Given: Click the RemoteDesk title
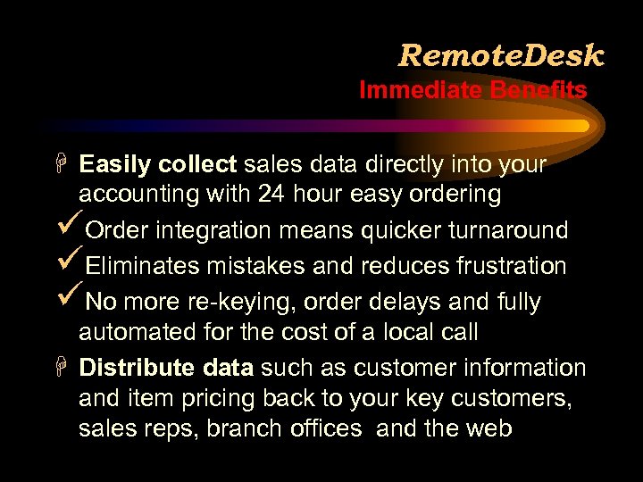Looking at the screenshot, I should (501, 55).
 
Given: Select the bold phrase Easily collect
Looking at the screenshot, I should (157, 164).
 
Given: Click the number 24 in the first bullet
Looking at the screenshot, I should (272, 193).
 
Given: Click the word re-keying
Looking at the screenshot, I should (240, 303).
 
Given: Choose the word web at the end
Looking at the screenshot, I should (489, 428).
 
